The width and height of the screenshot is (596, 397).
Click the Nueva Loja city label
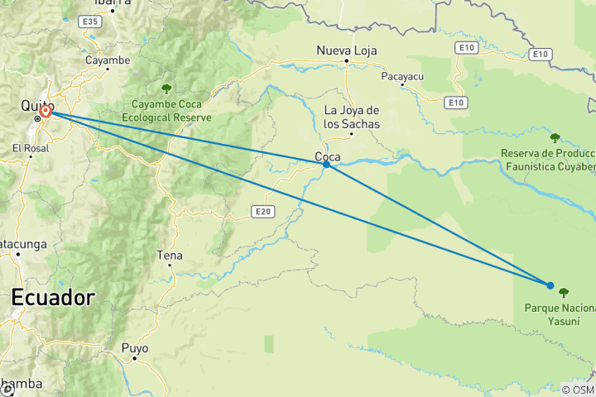point(346,51)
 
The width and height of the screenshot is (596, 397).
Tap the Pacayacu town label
point(403,77)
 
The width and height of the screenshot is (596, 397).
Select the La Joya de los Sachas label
point(352,117)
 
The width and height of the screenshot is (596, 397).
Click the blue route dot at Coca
point(327,165)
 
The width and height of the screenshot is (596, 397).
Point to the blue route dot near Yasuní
point(550,285)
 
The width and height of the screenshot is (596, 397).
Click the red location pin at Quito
point(46,111)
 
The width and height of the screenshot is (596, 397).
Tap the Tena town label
point(170,256)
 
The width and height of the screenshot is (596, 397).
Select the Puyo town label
point(135,348)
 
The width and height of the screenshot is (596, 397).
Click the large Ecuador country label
point(53,298)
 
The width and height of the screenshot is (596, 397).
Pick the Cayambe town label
point(108,60)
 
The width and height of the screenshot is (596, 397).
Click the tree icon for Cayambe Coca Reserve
point(166,88)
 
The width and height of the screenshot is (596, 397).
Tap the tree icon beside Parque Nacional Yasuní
point(565,292)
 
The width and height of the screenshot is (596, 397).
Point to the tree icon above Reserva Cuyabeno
point(555,137)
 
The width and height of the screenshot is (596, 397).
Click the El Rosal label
point(31,148)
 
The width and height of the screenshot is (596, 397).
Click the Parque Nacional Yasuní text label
point(560,314)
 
